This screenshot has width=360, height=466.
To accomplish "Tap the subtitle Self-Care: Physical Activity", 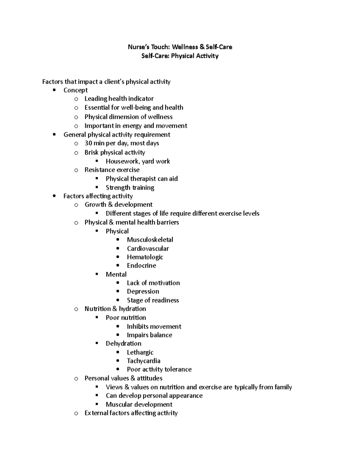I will click(x=180, y=56).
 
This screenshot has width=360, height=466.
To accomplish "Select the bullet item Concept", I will click(x=75, y=90).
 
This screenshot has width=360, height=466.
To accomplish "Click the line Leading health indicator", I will click(x=119, y=99).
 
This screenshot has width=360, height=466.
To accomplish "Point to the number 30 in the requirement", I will click(x=88, y=143).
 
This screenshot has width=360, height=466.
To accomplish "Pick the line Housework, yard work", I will click(x=138, y=161).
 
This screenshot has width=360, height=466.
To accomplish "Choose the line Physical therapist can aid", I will click(x=142, y=179).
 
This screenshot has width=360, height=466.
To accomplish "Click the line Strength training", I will click(x=130, y=188).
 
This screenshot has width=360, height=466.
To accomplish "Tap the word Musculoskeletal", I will click(x=150, y=239).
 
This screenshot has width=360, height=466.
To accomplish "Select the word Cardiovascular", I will click(x=148, y=248).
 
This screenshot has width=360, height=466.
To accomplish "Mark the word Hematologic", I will click(x=145, y=257).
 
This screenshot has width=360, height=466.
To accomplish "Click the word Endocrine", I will click(x=141, y=266).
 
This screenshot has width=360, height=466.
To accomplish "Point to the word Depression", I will click(x=143, y=291).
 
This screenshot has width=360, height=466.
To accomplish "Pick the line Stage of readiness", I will click(x=153, y=300).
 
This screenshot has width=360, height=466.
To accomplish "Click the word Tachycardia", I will click(x=143, y=361).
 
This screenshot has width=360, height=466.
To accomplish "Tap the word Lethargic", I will click(x=140, y=352).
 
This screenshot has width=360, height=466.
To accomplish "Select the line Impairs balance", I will click(x=149, y=335).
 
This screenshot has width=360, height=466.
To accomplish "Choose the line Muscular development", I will click(x=139, y=404).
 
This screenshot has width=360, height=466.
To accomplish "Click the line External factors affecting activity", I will click(x=131, y=413).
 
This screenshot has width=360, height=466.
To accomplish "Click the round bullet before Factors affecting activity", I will click(x=54, y=196).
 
